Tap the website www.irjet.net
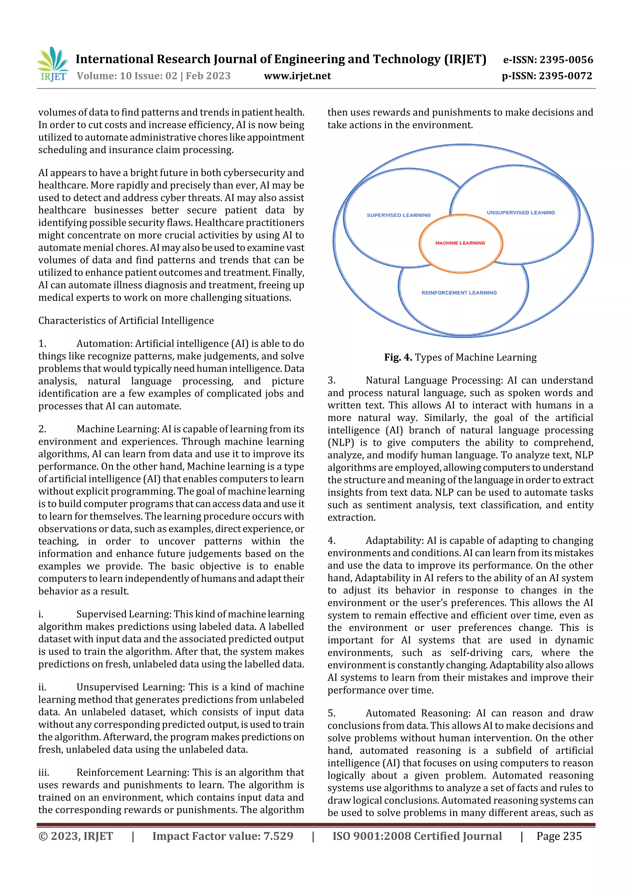297,76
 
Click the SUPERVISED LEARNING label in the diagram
398,215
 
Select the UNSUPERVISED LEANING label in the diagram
520,213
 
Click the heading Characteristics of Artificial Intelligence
126,320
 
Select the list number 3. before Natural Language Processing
331,380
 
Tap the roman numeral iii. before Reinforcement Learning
43,772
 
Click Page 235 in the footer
559,836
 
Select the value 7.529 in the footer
278,836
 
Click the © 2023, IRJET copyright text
76,836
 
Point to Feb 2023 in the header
208,76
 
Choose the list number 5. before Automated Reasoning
331,713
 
